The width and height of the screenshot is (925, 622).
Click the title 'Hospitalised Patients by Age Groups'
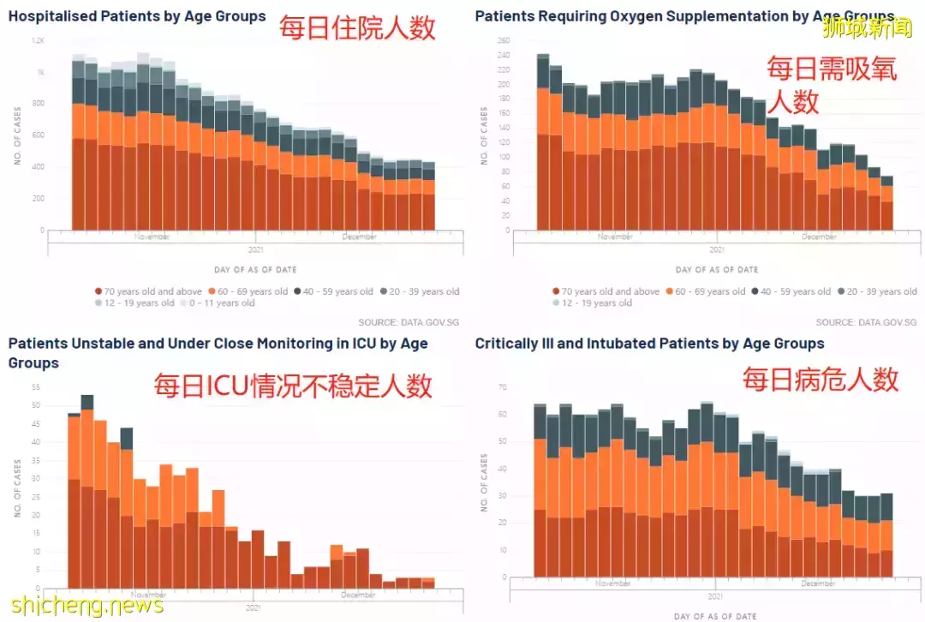[x=137, y=16]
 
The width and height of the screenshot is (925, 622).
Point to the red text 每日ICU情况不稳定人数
[x=293, y=386]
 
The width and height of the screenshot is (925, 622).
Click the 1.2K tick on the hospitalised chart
[x=39, y=41]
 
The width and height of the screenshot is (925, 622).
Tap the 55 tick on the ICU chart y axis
[x=36, y=387]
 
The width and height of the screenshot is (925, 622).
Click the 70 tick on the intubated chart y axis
[x=504, y=388]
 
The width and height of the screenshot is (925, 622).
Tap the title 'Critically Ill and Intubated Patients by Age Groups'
[x=649, y=344]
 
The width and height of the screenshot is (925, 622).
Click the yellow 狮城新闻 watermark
[x=867, y=29]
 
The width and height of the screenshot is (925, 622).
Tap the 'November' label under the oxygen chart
[x=615, y=236]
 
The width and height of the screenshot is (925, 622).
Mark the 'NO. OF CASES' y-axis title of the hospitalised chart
[x=17, y=135]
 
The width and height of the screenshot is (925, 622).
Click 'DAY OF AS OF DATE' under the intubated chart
[x=716, y=616]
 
